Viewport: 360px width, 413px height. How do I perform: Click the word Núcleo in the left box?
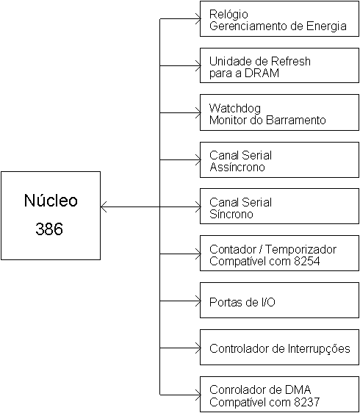[51, 200]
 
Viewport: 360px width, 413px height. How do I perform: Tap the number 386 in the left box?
[49, 229]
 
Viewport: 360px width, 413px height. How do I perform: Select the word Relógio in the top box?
[228, 15]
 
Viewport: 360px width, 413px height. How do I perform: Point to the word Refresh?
[291, 62]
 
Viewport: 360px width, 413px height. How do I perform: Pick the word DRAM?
[262, 73]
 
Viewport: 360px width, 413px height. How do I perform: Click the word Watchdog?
[235, 109]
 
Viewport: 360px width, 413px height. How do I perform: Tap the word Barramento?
[296, 120]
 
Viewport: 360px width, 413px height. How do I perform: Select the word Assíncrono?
[237, 167]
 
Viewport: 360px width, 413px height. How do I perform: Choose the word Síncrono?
[231, 214]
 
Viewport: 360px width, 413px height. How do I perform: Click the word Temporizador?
[300, 249]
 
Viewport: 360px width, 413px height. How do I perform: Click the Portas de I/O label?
[242, 302]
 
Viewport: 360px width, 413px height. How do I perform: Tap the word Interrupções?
[319, 349]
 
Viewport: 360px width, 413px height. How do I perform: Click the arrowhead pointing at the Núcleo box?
[104, 206]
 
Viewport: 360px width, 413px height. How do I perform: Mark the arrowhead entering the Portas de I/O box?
[198, 301]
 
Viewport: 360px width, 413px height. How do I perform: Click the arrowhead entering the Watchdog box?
[198, 112]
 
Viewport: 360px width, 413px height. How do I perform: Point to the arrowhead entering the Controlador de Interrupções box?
[198, 348]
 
